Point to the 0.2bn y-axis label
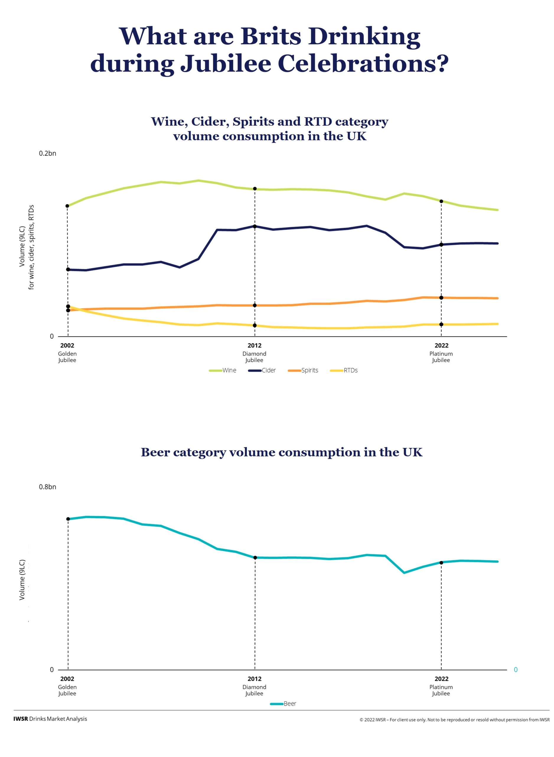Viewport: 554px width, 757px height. (48, 153)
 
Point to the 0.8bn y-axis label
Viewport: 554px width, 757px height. (48, 487)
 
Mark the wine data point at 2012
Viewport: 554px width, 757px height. (255, 189)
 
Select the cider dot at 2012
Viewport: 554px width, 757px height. (255, 226)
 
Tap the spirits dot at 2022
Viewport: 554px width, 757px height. (441, 298)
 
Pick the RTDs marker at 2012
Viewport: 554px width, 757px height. (255, 325)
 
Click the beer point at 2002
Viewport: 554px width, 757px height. (68, 519)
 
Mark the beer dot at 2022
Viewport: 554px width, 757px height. (441, 562)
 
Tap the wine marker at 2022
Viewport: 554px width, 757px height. (441, 201)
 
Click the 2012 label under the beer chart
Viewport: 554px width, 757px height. (255, 679)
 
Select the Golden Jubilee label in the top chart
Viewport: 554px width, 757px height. (67, 357)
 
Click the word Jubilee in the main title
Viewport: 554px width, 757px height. (225, 64)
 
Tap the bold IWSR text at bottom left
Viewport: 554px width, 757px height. (21, 719)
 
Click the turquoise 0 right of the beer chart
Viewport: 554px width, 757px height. (516, 670)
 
